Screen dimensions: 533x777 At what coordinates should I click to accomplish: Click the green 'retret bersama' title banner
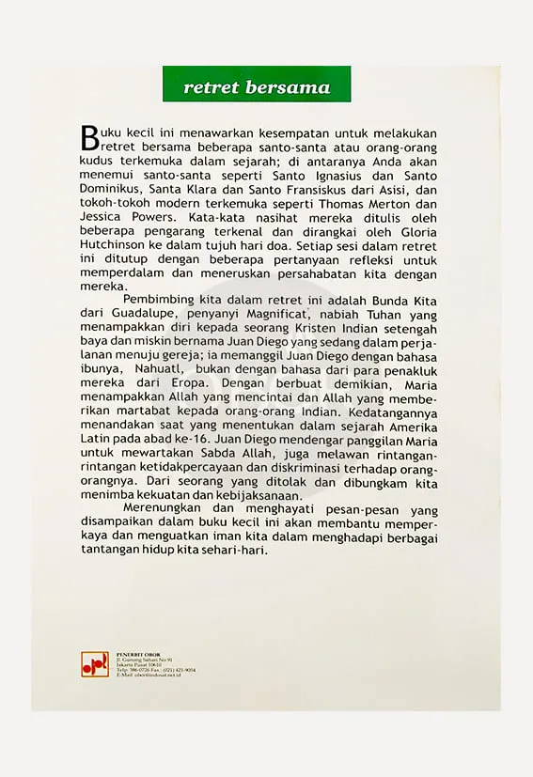point(257,87)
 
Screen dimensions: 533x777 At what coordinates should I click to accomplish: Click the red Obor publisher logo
point(94,663)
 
